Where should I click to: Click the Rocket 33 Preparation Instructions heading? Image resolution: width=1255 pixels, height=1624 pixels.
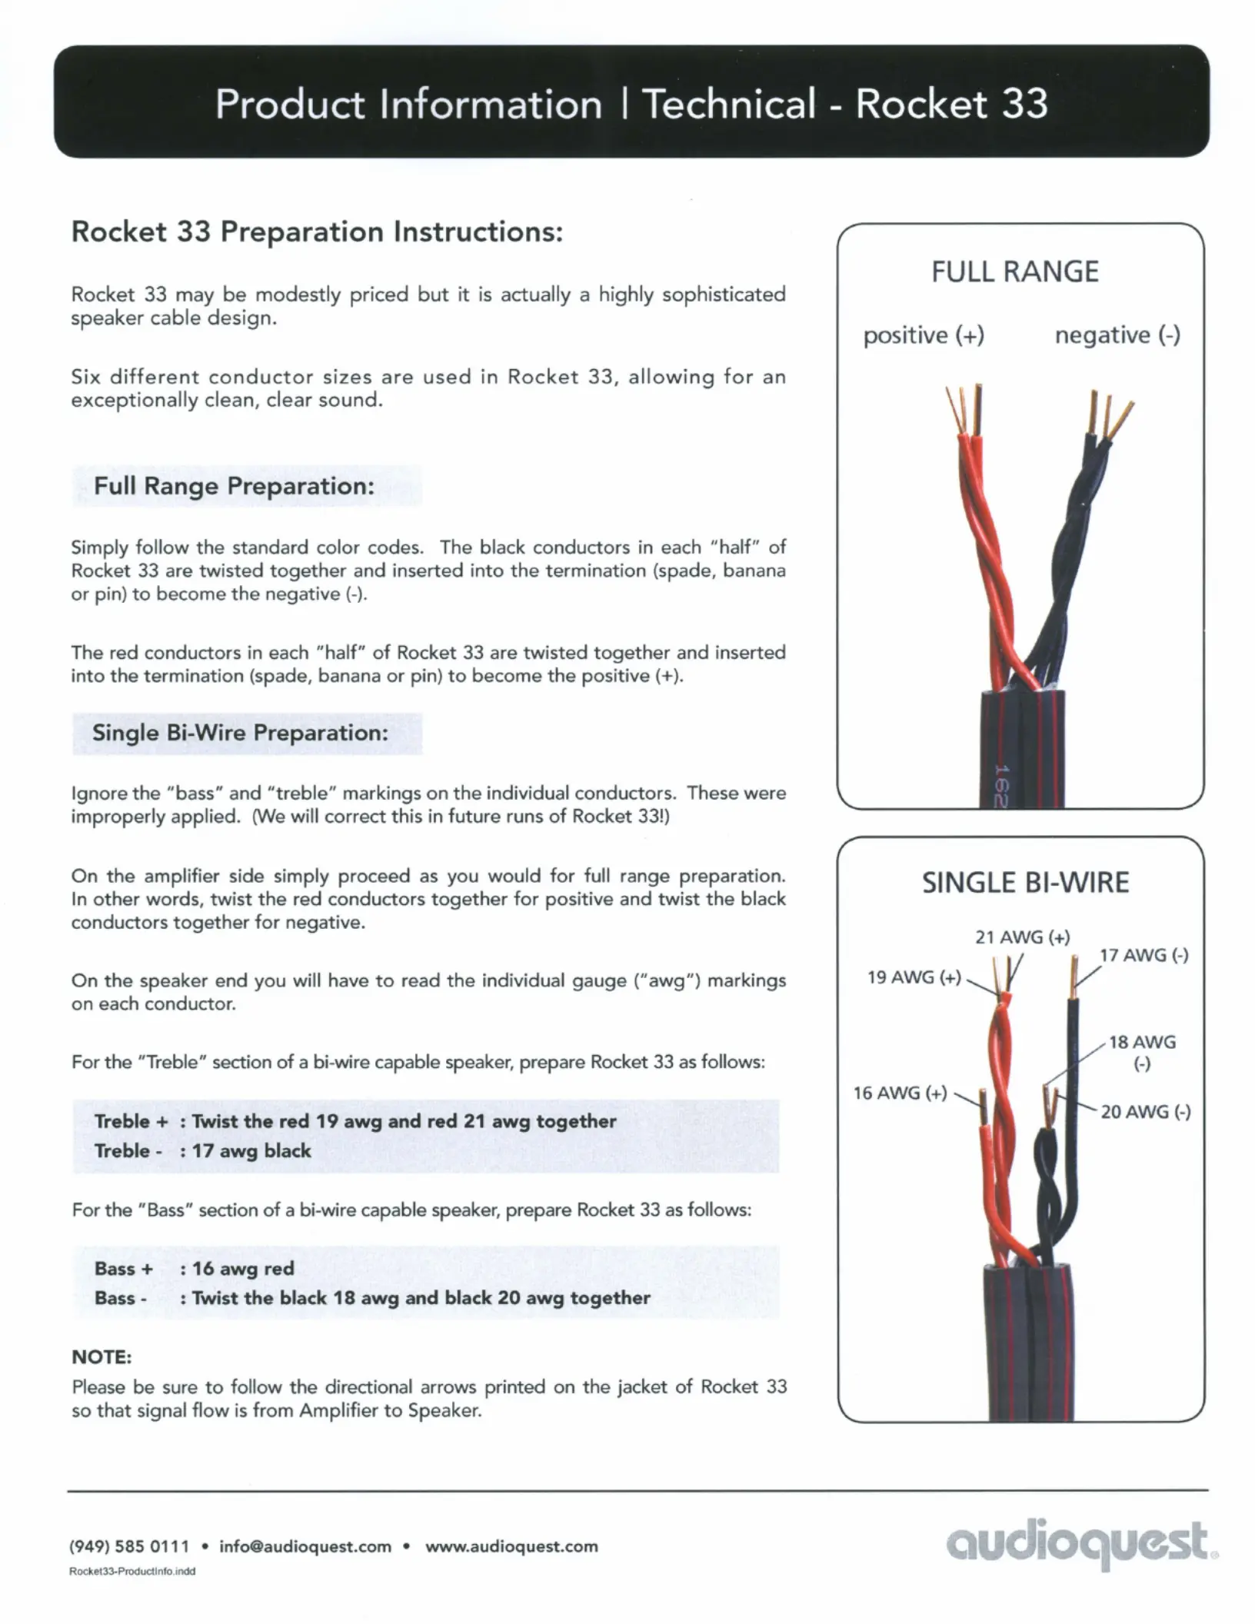point(317,231)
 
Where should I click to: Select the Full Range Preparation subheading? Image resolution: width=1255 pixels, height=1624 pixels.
point(234,486)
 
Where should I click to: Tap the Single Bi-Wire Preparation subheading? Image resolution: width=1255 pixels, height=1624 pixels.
point(240,733)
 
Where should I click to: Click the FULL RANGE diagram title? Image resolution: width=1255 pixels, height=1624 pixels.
point(1015,272)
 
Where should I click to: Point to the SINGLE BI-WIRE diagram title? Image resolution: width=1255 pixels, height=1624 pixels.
point(1025,883)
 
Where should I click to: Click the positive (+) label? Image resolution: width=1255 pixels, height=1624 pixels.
point(924,335)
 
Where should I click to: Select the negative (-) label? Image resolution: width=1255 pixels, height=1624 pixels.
point(1117,335)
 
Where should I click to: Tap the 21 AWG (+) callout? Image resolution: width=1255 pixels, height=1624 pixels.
point(1022,937)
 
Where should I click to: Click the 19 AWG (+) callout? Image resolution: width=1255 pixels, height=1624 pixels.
point(914,977)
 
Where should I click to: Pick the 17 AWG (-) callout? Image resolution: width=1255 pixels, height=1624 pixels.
point(1143,955)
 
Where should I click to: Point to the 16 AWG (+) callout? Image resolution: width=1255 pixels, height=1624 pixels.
point(900,1093)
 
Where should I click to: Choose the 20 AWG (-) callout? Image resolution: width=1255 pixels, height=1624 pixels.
point(1145,1111)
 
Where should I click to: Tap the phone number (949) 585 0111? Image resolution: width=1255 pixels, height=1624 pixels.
point(129,1546)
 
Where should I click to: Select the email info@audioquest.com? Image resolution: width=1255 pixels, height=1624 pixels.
point(305,1546)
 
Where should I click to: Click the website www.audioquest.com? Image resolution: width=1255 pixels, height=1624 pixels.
point(511,1546)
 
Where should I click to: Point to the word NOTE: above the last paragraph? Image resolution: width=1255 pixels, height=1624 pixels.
point(102,1357)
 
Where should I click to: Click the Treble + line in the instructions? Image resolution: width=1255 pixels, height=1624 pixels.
point(355,1121)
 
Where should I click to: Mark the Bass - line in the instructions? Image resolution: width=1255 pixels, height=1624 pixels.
point(372,1298)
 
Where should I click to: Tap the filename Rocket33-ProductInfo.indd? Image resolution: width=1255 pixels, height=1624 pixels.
point(132,1572)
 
